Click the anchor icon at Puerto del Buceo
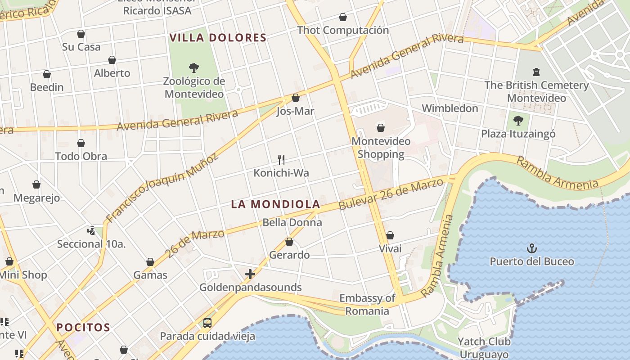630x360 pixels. (532, 248)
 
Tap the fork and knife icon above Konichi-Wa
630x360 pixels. (281, 159)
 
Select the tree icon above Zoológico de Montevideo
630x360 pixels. (194, 68)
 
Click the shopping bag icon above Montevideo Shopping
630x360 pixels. (381, 128)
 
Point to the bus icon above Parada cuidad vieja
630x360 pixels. (207, 323)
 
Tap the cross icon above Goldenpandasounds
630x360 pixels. (250, 274)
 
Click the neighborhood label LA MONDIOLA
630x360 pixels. (275, 204)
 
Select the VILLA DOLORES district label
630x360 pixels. (218, 38)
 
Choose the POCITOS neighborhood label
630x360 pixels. (83, 327)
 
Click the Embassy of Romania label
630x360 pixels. (367, 304)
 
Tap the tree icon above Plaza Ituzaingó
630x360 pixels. (518, 120)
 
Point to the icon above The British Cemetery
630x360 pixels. (536, 72)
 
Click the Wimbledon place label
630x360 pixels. (450, 108)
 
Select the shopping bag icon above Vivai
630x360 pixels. (390, 235)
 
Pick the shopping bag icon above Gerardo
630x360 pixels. (289, 242)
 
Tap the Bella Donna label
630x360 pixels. (292, 222)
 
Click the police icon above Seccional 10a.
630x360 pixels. (91, 231)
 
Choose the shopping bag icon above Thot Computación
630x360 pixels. (343, 17)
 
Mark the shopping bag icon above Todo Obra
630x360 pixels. (81, 143)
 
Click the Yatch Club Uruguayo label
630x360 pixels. (483, 348)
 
